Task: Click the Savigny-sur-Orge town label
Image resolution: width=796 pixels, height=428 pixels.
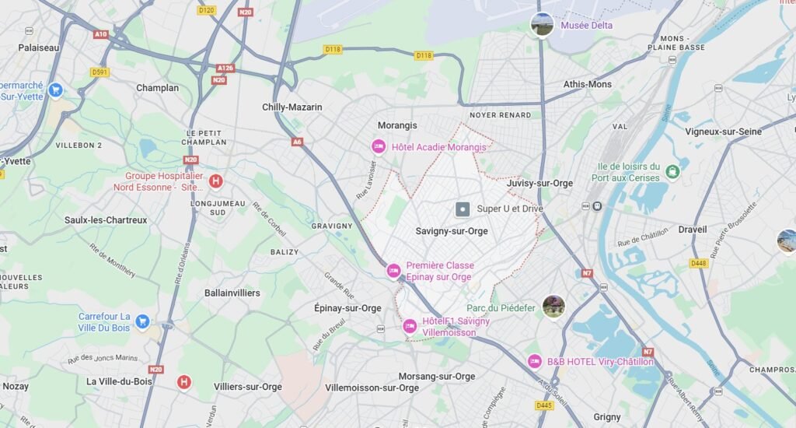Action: tap(452, 231)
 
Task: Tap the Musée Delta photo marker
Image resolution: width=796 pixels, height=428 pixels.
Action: tap(542, 24)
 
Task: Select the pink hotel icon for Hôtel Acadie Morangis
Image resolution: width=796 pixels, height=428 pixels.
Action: tap(379, 146)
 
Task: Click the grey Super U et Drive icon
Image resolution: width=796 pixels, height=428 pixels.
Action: tap(463, 209)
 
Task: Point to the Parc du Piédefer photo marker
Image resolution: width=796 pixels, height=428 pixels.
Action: tap(553, 307)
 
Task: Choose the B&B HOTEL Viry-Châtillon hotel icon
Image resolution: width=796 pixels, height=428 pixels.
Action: tap(534, 361)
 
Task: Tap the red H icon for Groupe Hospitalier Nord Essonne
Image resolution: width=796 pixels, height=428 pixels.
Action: tap(215, 181)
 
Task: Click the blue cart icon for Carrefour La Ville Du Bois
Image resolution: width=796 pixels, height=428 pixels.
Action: tap(142, 321)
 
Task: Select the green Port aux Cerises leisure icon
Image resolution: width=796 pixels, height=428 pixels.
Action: tap(672, 171)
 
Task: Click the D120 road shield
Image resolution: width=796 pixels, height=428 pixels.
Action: tap(206, 10)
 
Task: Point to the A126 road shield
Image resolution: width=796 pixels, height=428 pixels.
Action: tap(225, 68)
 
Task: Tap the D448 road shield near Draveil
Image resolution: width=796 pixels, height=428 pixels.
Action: tap(699, 263)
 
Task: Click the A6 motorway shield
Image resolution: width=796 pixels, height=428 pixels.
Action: tap(297, 142)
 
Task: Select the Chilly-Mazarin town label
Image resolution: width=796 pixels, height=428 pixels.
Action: tap(292, 107)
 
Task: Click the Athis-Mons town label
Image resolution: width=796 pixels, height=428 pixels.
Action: tap(587, 84)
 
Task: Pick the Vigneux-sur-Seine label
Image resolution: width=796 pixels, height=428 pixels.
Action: tap(723, 132)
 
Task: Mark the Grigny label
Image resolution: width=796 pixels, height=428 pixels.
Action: tap(607, 417)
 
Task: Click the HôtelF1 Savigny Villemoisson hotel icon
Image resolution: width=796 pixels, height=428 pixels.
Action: tap(410, 326)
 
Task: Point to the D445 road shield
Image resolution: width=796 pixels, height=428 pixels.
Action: tap(544, 405)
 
